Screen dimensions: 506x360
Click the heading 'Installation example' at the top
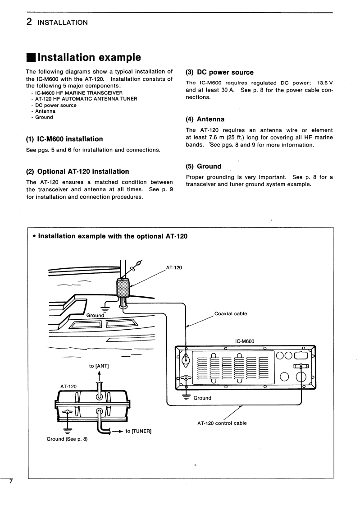(89, 58)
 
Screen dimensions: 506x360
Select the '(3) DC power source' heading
(219, 72)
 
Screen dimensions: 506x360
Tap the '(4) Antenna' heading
(205, 120)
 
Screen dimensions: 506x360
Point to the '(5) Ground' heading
(203, 166)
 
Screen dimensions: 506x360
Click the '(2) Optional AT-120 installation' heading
(77, 171)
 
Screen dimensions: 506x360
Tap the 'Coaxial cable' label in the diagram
(231, 314)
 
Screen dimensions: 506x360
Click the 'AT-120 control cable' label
(222, 423)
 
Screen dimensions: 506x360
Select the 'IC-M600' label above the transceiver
(245, 341)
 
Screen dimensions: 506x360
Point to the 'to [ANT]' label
(99, 366)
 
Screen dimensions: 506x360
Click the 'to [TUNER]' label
(138, 431)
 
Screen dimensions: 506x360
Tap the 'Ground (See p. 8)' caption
(67, 439)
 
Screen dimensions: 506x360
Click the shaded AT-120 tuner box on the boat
(123, 287)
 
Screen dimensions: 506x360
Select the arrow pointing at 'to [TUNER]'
(117, 431)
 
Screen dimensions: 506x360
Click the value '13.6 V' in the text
(323, 83)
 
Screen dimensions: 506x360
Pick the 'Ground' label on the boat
(95, 315)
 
